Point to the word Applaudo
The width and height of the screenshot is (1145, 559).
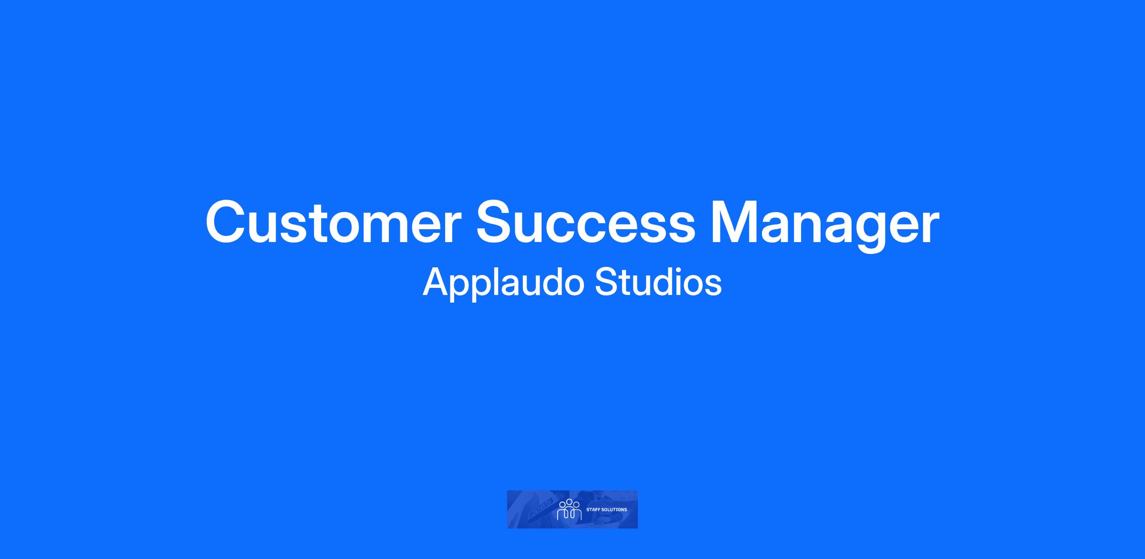click(503, 284)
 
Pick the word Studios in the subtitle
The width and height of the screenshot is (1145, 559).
click(658, 282)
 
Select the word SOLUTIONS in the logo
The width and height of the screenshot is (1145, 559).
click(614, 510)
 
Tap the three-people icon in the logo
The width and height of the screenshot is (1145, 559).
click(569, 509)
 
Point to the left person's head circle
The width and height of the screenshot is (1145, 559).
click(562, 505)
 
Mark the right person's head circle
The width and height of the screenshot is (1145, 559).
click(576, 505)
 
